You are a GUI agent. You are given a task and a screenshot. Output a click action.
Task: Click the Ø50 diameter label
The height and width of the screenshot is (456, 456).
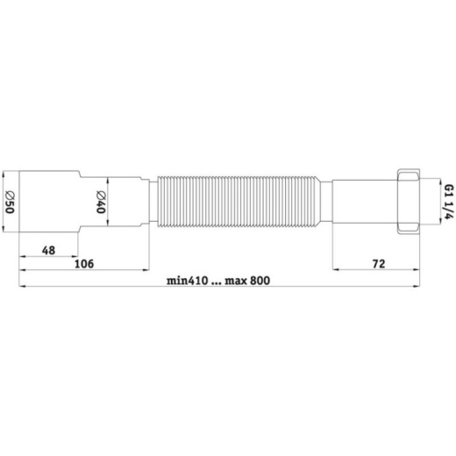(10, 202)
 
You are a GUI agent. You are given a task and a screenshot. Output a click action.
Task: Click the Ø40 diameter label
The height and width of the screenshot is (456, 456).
(101, 202)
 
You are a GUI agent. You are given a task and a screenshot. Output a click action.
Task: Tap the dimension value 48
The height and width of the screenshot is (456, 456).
(48, 251)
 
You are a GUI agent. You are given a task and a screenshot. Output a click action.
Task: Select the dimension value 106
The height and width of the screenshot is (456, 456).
(84, 264)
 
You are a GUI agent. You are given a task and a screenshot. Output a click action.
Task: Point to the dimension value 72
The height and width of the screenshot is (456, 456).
(379, 264)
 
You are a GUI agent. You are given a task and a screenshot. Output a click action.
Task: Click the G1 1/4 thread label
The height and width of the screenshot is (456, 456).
(449, 202)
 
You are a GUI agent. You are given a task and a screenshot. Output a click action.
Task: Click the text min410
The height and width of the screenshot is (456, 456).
(188, 281)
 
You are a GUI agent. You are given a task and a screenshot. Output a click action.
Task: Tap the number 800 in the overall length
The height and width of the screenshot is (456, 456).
(260, 281)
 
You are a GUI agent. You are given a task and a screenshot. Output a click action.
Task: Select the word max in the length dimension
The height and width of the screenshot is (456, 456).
(236, 281)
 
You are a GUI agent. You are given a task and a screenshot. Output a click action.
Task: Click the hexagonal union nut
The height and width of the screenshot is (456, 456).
(409, 202)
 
